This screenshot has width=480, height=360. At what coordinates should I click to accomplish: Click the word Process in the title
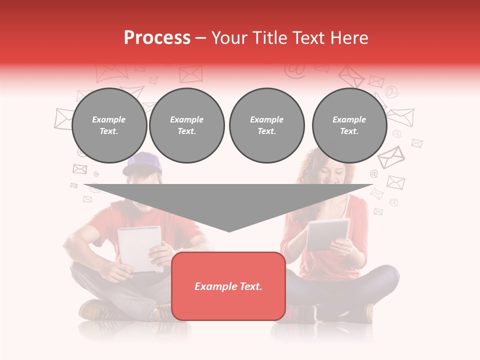(x=157, y=38)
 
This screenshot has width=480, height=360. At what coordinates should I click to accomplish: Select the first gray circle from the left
(x=109, y=125)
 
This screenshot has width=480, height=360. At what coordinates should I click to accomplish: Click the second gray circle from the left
(x=186, y=125)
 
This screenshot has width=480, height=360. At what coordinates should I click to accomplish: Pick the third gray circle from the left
(x=266, y=125)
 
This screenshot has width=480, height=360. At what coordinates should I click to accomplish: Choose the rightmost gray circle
(x=349, y=125)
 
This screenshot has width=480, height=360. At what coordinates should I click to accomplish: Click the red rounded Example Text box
(x=228, y=286)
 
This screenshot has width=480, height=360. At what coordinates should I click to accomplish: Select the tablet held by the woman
(x=327, y=233)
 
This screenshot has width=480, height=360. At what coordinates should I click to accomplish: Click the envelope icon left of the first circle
(x=63, y=119)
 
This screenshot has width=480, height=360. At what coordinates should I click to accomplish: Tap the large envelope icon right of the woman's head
(x=391, y=156)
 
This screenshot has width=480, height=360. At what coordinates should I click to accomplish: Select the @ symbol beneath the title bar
(x=294, y=71)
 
